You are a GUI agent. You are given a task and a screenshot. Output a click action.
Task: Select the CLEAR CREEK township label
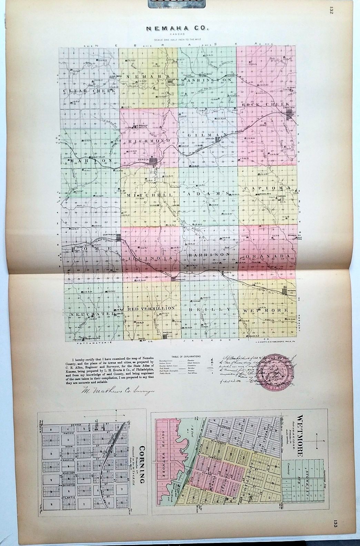[89, 90]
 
